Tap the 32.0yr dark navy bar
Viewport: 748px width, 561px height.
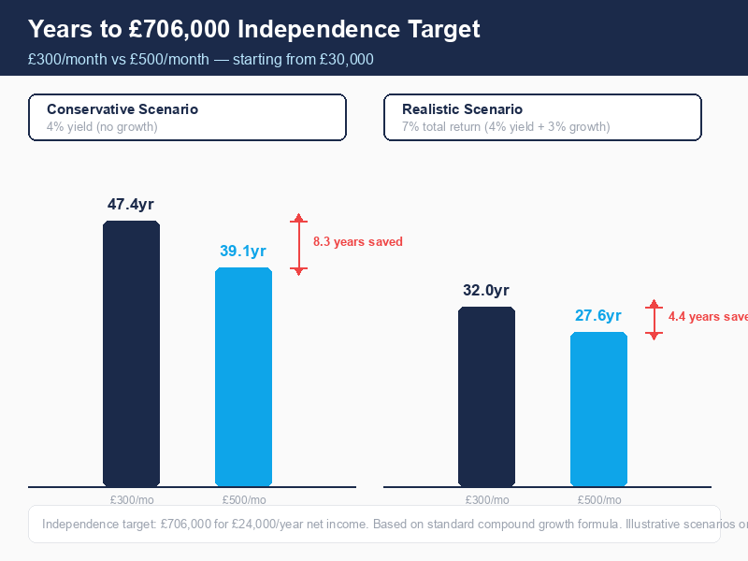(486, 396)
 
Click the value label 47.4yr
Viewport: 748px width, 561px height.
(131, 204)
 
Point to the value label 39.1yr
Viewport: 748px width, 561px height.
(243, 251)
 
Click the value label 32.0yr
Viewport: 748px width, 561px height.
(486, 290)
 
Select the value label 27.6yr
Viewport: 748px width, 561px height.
(598, 315)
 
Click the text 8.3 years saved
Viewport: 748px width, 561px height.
(357, 242)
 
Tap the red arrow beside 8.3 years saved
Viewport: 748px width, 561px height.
(298, 244)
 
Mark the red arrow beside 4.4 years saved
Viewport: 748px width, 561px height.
(654, 319)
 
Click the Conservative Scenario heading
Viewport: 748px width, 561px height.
(122, 109)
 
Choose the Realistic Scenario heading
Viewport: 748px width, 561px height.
(462, 109)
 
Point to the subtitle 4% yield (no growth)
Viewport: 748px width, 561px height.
(102, 126)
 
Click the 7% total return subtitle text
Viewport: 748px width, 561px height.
(506, 126)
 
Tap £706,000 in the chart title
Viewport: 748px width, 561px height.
(181, 29)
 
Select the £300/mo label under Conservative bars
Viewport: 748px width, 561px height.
(132, 499)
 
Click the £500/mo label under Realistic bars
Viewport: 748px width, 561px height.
(599, 499)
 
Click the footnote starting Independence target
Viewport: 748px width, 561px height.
(374, 525)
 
